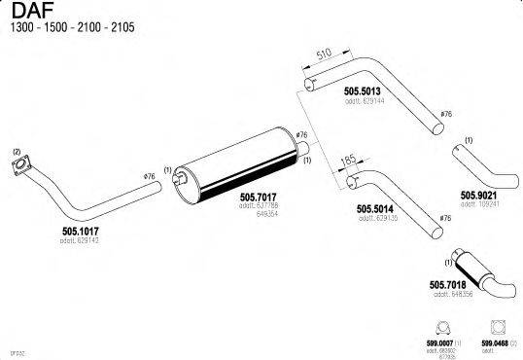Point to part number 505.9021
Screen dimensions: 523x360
tap(479, 194)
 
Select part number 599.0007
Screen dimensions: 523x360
tap(438, 342)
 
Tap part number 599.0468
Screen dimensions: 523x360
tap(494, 342)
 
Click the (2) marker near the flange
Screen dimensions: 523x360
tap(16, 152)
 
